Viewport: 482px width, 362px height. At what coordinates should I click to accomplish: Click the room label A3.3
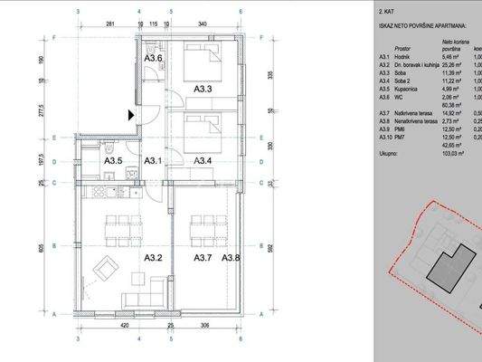pyautogui.click(x=203, y=89)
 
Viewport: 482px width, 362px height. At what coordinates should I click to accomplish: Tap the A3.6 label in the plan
pyautogui.click(x=154, y=59)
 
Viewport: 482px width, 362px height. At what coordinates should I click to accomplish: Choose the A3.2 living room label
pyautogui.click(x=154, y=257)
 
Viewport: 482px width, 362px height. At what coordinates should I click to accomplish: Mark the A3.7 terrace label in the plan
pyautogui.click(x=203, y=257)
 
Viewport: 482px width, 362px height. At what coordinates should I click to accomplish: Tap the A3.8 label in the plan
pyautogui.click(x=232, y=257)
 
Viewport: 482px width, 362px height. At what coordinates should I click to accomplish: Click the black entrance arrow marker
pyautogui.click(x=132, y=115)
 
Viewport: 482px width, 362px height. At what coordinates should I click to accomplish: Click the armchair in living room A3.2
pyautogui.click(x=106, y=268)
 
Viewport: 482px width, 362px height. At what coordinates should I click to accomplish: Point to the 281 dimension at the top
pyautogui.click(x=109, y=25)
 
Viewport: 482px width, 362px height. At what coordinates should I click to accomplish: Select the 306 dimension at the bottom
pyautogui.click(x=205, y=323)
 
